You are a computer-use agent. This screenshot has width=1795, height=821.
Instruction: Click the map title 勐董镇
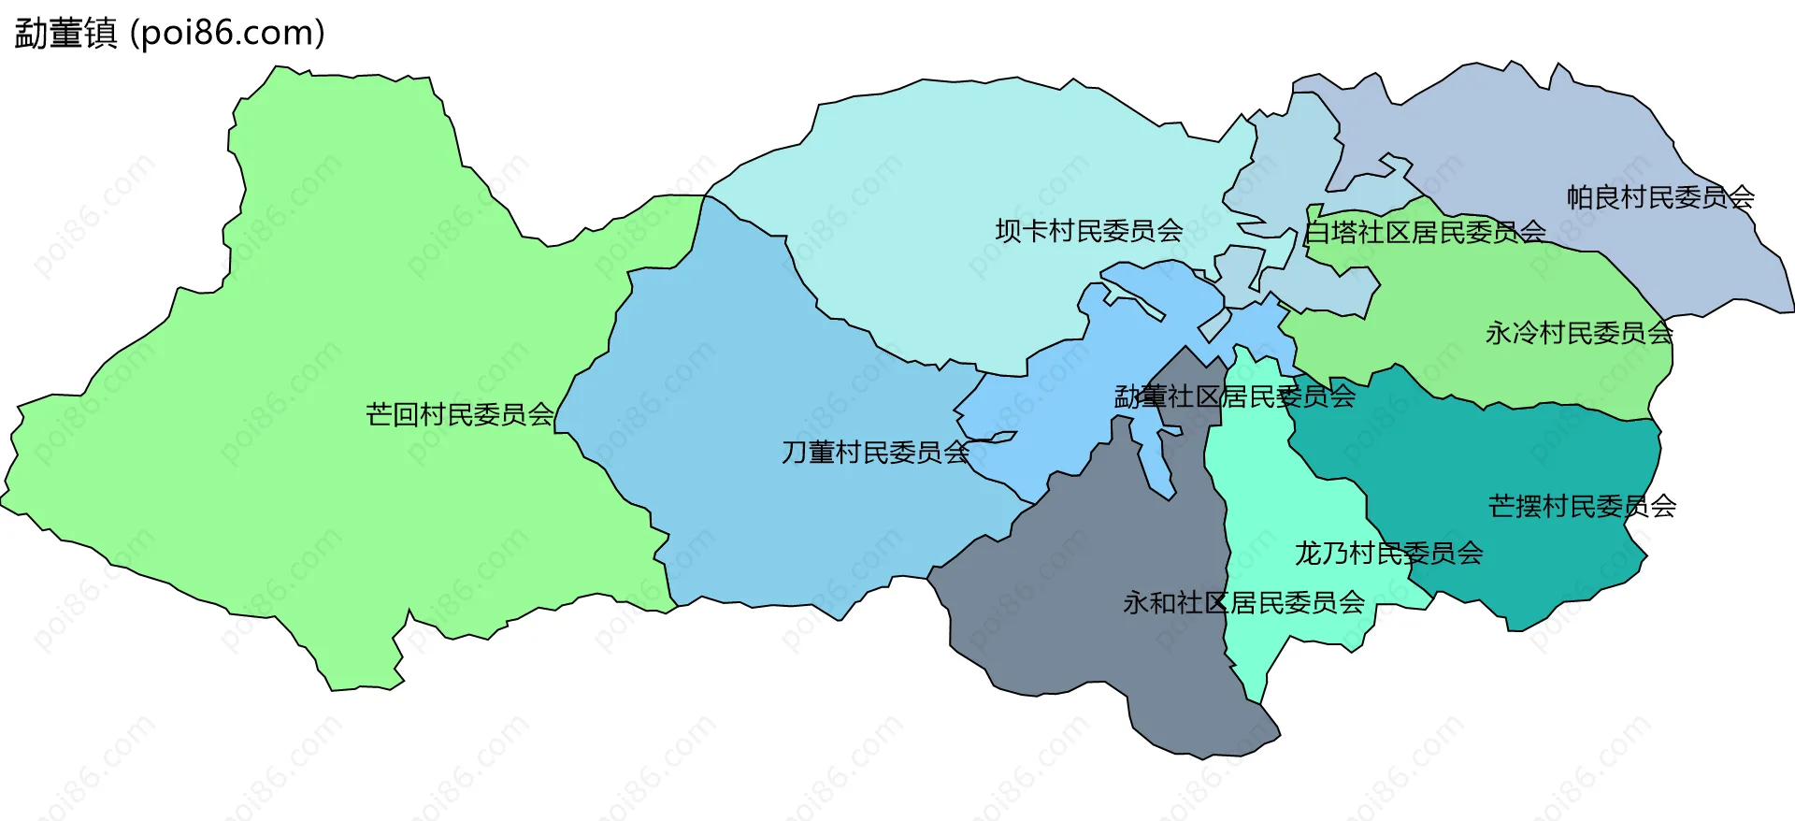65,34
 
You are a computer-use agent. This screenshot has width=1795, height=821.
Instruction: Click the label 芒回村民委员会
459,414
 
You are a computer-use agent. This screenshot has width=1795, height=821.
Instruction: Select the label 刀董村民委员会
875,453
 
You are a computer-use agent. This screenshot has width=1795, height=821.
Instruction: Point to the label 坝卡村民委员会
1088,231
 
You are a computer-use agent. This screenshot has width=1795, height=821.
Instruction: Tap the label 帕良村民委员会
1659,197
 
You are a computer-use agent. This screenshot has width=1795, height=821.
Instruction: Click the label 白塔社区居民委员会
1424,232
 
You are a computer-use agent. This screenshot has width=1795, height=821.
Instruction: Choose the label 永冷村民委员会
1578,333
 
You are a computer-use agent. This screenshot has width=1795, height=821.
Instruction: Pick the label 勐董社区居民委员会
1234,397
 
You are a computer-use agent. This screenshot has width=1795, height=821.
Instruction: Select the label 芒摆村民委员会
1582,507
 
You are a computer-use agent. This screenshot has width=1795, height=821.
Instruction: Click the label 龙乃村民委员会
1388,554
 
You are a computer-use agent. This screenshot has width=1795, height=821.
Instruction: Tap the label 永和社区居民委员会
1243,603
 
